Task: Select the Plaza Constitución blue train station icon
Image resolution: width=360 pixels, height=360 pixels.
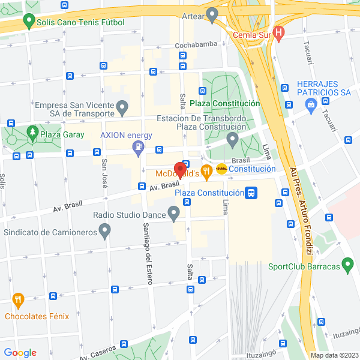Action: [x=252, y=193]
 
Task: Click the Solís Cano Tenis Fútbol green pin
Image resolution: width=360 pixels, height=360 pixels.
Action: [x=28, y=22]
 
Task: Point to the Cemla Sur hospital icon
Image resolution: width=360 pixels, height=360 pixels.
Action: [x=278, y=34]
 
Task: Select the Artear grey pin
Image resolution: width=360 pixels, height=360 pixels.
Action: [x=211, y=14]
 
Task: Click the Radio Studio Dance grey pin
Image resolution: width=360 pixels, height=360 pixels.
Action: [x=174, y=214]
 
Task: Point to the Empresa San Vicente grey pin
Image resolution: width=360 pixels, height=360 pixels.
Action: [x=123, y=108]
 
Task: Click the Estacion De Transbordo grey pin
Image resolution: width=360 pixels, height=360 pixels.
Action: [x=233, y=140]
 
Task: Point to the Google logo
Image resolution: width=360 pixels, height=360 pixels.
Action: [x=20, y=353]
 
